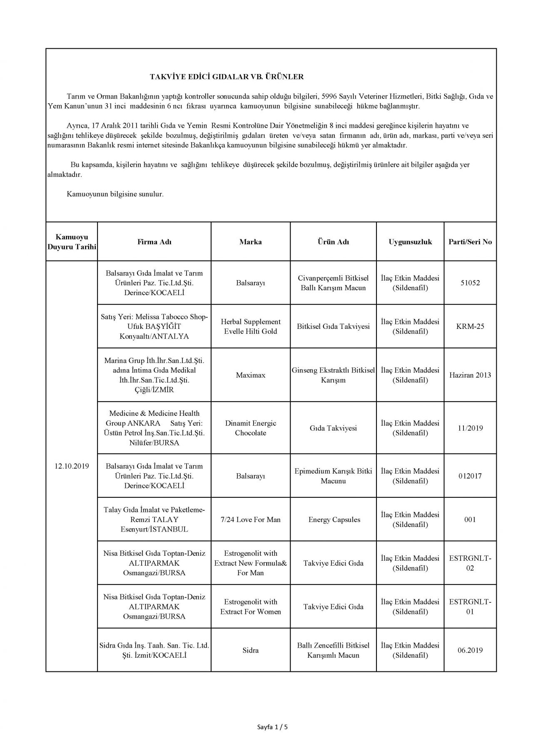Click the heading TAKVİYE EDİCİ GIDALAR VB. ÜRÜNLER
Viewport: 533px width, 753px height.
[227, 77]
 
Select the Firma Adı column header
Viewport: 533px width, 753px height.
[154, 242]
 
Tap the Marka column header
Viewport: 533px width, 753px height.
[250, 242]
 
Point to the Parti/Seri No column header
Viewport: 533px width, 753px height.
[470, 242]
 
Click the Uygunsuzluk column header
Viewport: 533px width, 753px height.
[410, 242]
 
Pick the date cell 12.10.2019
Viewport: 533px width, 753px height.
[72, 466]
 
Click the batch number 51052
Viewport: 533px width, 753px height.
[470, 283]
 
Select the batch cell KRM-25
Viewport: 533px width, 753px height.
[470, 326]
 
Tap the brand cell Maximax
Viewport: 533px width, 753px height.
[250, 375]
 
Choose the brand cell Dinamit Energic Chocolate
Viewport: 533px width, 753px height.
[250, 428]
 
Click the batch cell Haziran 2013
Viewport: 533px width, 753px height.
[470, 375]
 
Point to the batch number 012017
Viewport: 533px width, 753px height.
[470, 476]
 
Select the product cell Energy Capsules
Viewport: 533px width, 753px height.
[334, 520]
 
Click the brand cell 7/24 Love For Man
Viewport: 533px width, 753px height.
[250, 520]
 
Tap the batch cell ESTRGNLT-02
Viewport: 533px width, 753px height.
[470, 563]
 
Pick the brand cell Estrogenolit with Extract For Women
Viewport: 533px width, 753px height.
[250, 607]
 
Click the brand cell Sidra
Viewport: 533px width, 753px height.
[250, 650]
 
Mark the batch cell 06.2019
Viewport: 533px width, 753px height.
[470, 650]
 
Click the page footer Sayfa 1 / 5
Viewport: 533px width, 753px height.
[272, 727]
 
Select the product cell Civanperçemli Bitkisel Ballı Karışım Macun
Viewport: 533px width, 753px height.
[333, 283]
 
